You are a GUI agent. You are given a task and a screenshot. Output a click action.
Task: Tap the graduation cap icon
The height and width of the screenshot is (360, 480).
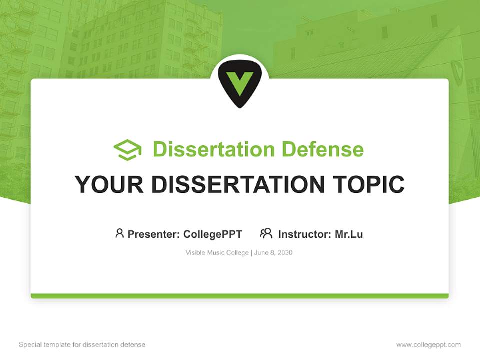(127, 149)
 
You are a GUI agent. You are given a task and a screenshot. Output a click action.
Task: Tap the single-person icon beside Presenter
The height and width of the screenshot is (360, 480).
(119, 233)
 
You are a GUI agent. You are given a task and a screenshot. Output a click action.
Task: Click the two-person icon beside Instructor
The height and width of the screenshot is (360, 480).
(266, 233)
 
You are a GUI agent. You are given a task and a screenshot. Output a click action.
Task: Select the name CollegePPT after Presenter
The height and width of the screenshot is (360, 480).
(213, 234)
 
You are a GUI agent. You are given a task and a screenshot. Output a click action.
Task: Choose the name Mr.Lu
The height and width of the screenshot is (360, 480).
(349, 234)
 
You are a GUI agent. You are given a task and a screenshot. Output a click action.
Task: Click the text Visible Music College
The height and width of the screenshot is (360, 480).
(217, 253)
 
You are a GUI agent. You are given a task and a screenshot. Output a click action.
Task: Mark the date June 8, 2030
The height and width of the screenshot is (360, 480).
(273, 253)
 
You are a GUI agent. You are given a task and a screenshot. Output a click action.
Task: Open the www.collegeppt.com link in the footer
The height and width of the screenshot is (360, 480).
(428, 345)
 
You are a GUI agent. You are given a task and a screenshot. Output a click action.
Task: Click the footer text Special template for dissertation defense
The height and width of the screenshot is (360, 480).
(82, 345)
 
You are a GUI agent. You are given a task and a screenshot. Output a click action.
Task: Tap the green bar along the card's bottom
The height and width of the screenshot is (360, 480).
(240, 296)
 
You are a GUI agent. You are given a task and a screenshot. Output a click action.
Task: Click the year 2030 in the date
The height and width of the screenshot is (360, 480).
(284, 253)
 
